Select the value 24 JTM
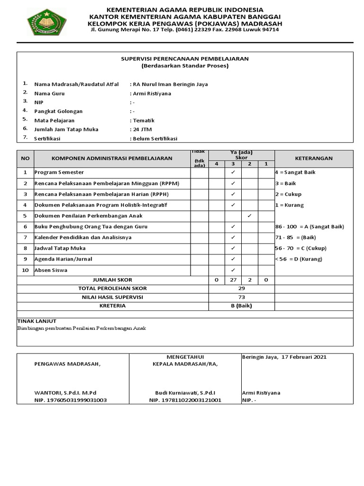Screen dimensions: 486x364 click(143, 129)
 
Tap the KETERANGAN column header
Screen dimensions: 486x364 click(314, 159)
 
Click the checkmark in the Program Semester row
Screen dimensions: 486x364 click(233, 172)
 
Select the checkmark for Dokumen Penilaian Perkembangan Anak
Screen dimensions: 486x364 click(250, 216)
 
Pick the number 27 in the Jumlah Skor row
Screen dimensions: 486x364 click(233, 280)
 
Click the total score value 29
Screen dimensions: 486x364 click(242, 289)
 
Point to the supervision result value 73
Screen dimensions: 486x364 click(242, 297)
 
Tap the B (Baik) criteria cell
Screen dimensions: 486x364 click(242, 306)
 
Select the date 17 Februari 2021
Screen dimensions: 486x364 click(303, 357)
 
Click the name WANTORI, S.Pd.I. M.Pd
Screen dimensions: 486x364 click(65, 393)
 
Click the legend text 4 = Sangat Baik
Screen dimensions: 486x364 click(295, 172)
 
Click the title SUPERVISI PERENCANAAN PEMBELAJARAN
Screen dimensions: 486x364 click(185, 58)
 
